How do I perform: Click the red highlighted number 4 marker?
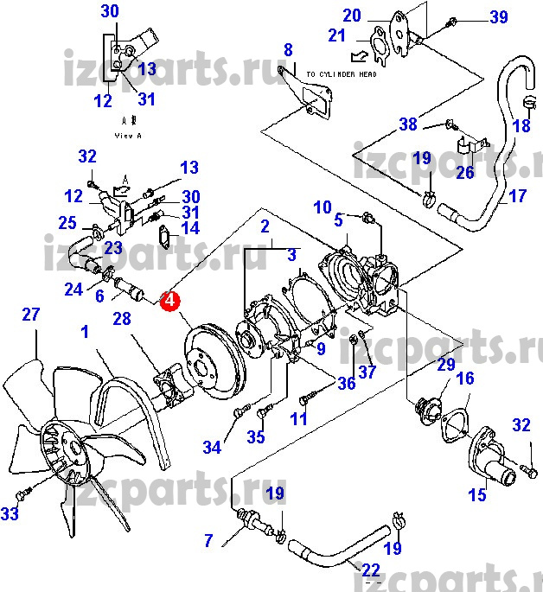coord(170,301)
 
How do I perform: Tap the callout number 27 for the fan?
coord(30,315)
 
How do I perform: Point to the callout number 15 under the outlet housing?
coord(477,495)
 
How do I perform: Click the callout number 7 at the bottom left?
coord(208,542)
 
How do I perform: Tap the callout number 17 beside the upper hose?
coord(516,197)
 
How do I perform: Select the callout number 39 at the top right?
coord(523,18)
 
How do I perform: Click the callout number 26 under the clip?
coord(465,172)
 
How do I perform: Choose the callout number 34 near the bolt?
coord(212,447)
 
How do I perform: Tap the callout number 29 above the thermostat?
coord(445,366)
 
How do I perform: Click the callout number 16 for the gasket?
coord(465,379)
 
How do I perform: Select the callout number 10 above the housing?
coord(322,207)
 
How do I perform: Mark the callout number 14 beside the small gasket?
coord(188,228)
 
